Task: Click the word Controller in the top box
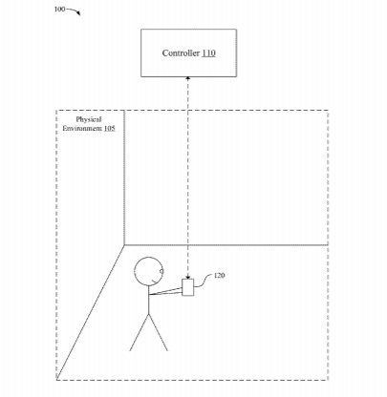tap(181, 53)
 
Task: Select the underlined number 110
tap(208, 53)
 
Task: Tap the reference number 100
tap(59, 10)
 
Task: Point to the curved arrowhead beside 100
tap(78, 13)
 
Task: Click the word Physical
tap(89, 119)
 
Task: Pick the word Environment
tap(82, 129)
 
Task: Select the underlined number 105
tap(109, 129)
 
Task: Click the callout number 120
tap(219, 276)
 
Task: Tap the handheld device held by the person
tap(187, 287)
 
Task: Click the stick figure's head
tap(148, 271)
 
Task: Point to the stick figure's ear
tap(161, 271)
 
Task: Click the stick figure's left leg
tap(140, 332)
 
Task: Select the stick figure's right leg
tap(159, 332)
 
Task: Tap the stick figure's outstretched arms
tap(165, 292)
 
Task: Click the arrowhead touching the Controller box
tap(188, 78)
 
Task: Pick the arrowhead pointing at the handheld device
tap(188, 277)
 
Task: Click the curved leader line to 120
tap(203, 281)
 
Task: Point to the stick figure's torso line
tap(148, 300)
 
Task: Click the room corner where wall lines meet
tap(124, 245)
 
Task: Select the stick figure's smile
tap(156, 281)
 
